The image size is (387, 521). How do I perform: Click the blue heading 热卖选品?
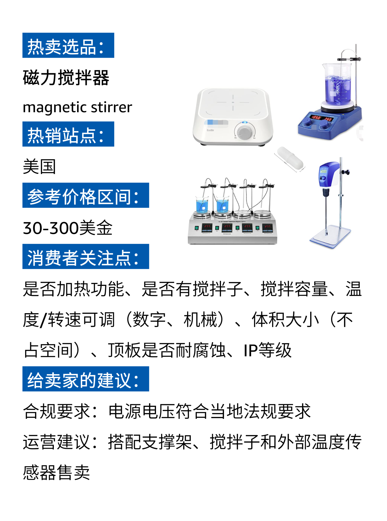tap(68, 45)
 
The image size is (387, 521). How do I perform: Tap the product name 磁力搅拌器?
tap(66, 78)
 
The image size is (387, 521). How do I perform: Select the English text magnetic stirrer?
tap(77, 107)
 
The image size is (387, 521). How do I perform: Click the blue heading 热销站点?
tap(68, 134)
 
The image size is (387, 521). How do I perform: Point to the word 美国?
tap(39, 167)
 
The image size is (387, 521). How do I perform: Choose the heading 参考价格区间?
tap(86, 195)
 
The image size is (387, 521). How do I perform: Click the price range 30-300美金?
tap(68, 228)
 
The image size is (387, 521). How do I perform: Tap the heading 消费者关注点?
tap(86, 257)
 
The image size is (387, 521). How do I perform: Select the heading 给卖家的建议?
tap(86, 379)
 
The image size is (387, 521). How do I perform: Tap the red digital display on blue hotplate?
tap(322, 118)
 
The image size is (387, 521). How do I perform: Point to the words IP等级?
tap(267, 350)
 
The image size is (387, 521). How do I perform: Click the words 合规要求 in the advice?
tap(57, 411)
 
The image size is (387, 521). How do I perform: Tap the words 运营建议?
tap(57, 442)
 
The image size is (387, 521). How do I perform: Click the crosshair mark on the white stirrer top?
tap(233, 102)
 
